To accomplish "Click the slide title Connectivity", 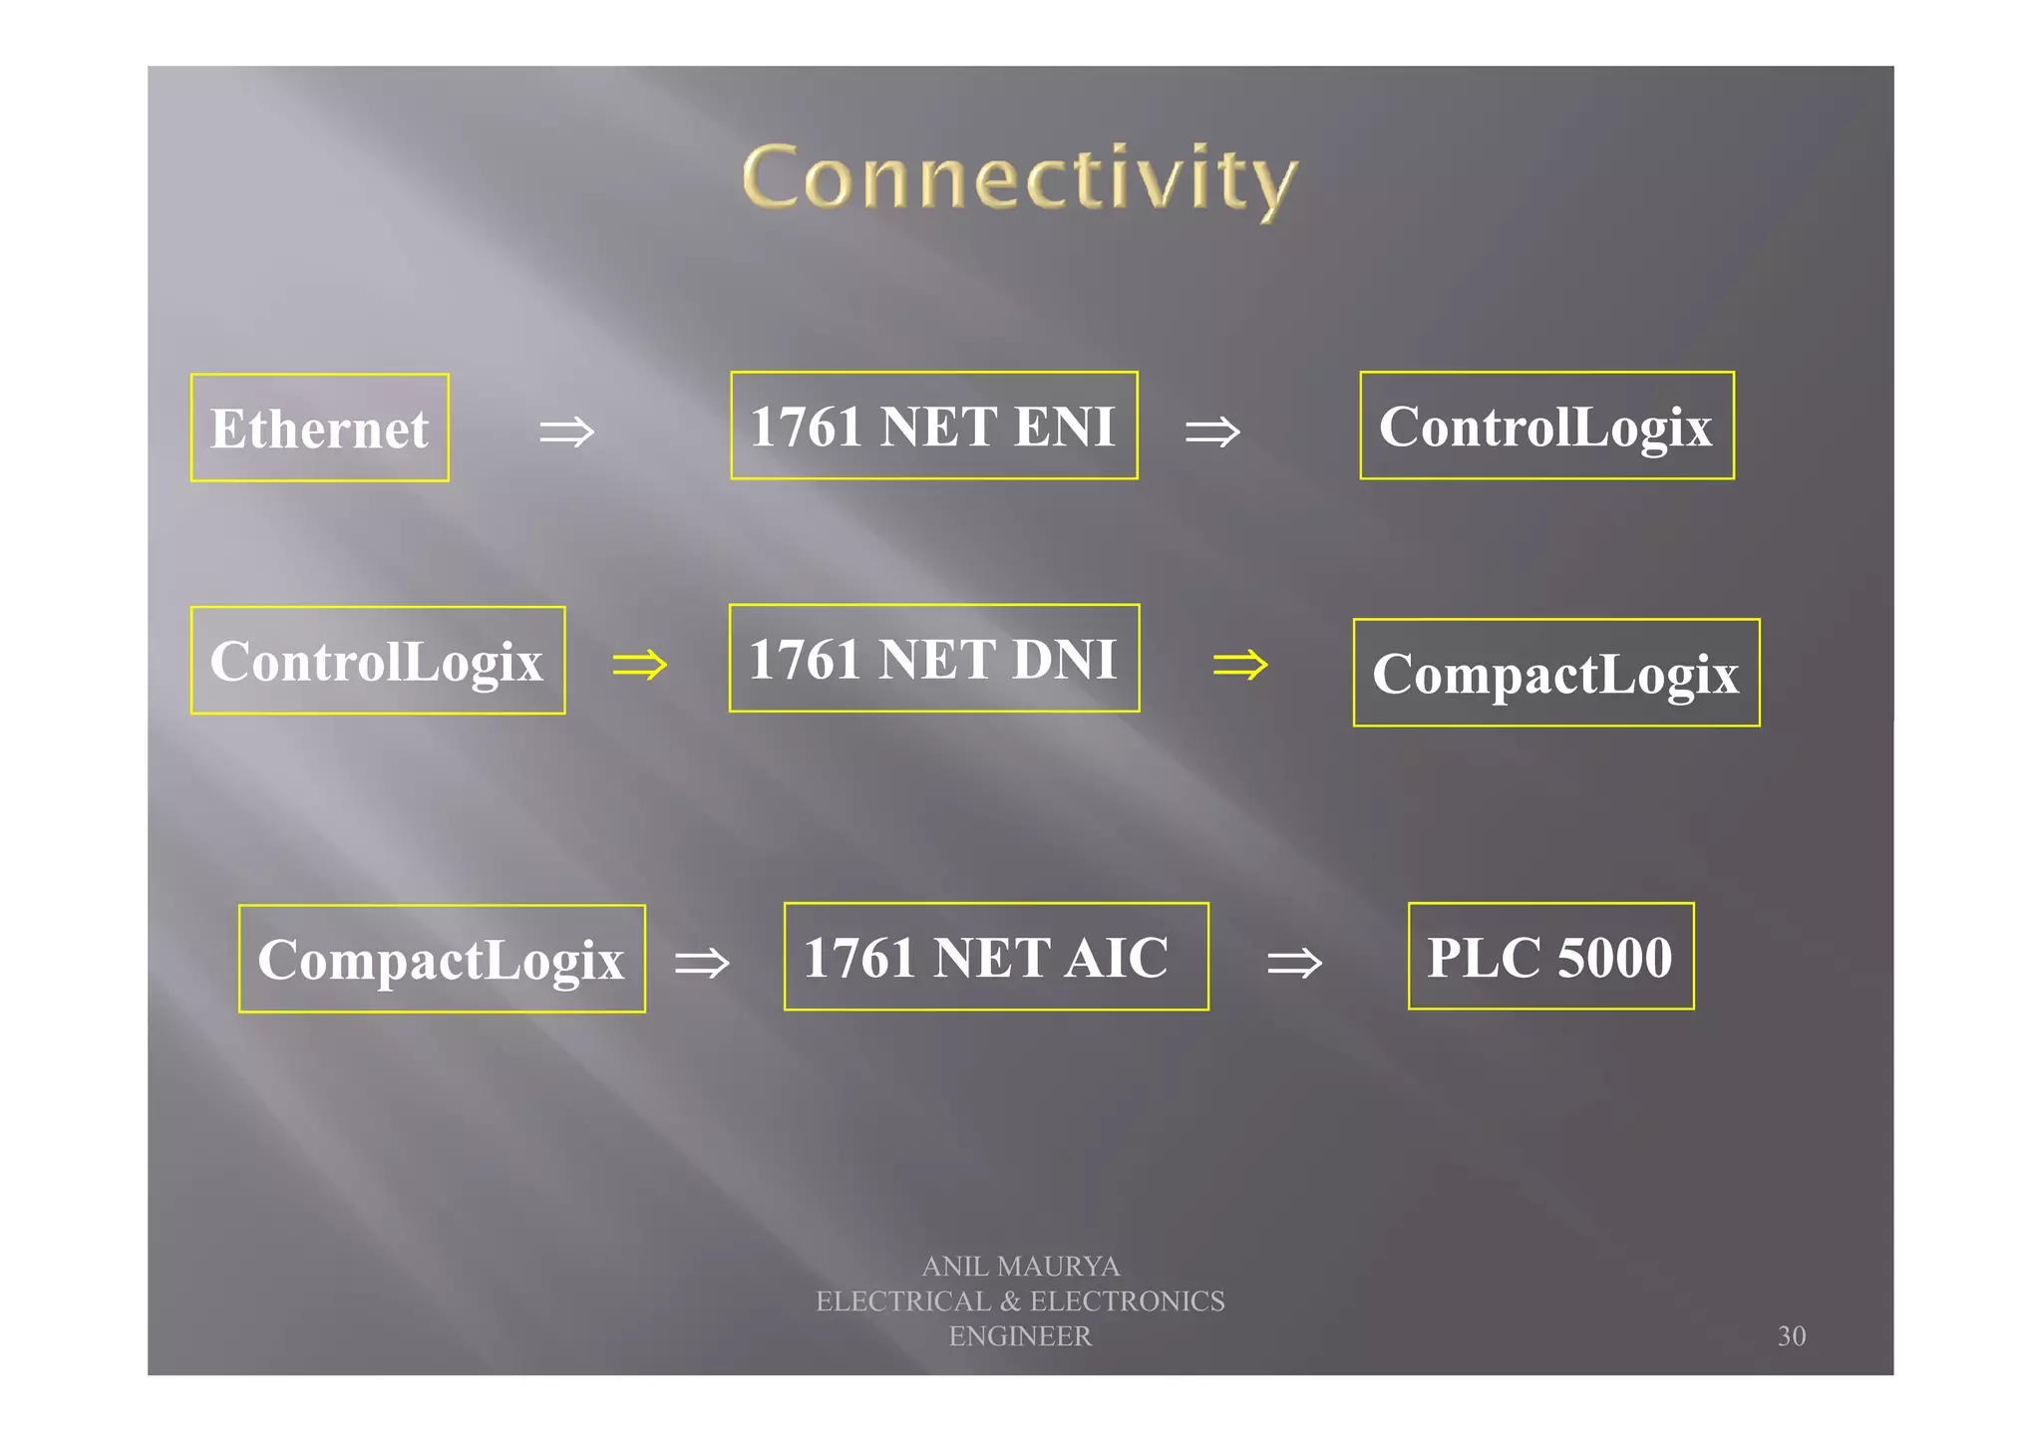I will (1020, 179).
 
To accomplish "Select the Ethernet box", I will (320, 428).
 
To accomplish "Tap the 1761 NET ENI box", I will (933, 426).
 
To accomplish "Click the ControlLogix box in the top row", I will (1546, 426).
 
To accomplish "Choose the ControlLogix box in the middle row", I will (378, 660).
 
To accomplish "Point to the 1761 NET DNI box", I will (933, 658).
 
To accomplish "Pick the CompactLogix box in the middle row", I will (1555, 673).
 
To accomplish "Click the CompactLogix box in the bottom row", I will (442, 959).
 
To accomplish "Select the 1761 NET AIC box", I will (996, 957).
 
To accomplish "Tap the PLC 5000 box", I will (1550, 957).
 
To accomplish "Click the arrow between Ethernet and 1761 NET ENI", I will (566, 432).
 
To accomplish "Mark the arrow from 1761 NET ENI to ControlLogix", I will (1212, 432).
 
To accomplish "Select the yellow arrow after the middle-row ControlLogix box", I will (640, 664).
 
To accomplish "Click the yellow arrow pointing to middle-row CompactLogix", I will (1240, 664).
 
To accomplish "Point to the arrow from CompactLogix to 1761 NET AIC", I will (702, 963).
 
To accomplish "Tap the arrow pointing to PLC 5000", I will (1294, 963).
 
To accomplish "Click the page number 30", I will (1791, 1336).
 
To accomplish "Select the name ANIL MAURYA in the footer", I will (1020, 1267).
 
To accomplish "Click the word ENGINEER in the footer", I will (1020, 1336).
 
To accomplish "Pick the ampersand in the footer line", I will (1011, 1301).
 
